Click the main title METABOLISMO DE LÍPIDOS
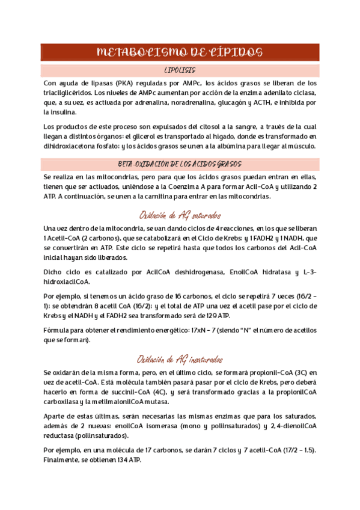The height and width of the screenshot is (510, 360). [x=180, y=52]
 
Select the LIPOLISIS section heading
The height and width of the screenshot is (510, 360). [x=180, y=71]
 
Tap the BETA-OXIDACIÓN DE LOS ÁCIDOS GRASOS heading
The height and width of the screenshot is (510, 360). [x=180, y=164]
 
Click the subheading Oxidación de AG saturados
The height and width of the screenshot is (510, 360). [x=180, y=215]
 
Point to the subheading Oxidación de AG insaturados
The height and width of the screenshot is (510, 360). [x=180, y=359]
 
